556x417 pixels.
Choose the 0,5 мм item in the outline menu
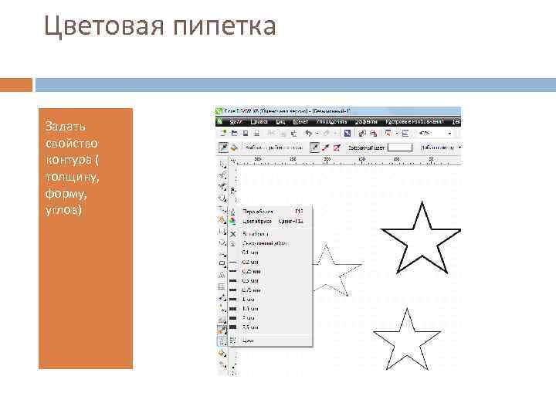click(252, 280)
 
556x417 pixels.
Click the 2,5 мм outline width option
click(252, 327)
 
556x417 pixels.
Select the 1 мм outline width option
click(250, 299)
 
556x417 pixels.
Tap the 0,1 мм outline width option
click(252, 252)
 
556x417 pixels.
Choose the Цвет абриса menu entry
click(259, 221)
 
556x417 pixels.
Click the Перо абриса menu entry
click(259, 211)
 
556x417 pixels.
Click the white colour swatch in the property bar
click(399, 146)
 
